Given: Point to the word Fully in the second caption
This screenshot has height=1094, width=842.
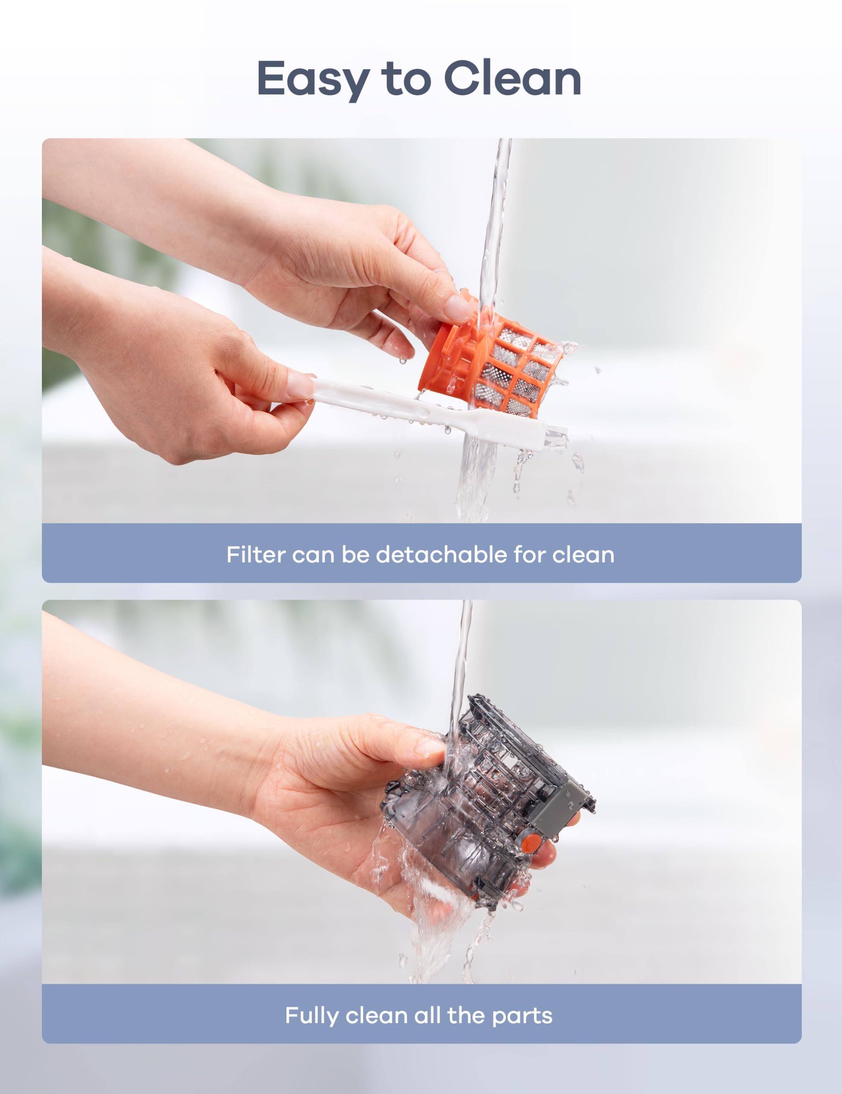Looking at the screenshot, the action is pos(312,1015).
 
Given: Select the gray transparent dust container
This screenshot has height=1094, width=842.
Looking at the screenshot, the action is pos(486,801).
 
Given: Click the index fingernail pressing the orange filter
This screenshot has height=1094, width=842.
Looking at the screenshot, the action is pos(458,307).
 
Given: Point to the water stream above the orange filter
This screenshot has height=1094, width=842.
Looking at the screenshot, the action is pos(493,225).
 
